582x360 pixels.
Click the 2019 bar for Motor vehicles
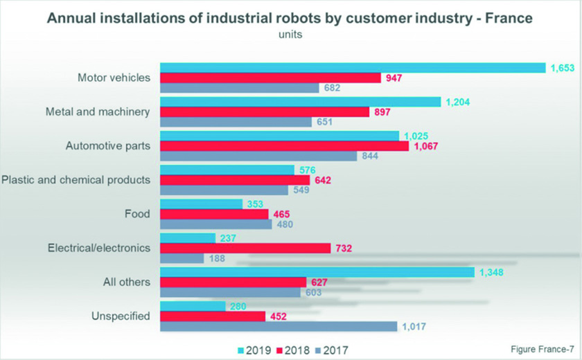click(353, 67)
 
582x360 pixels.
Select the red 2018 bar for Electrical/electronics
click(244, 248)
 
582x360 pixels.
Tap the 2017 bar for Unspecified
click(279, 327)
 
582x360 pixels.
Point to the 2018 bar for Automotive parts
click(284, 146)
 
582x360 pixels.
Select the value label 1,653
click(564, 67)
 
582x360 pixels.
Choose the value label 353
click(257, 204)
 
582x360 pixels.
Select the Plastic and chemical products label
click(76, 180)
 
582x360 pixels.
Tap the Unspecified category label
click(121, 316)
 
